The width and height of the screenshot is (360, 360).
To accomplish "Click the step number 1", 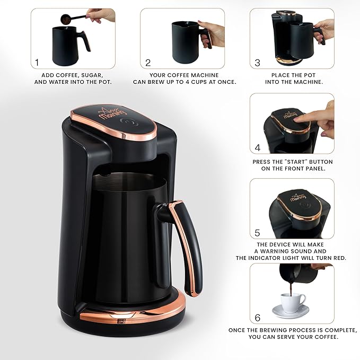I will (x=37, y=63).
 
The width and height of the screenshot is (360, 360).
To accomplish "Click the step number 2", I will (x=148, y=63).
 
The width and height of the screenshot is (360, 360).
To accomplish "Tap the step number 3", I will (x=258, y=63).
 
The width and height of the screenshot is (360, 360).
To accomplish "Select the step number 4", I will (x=258, y=148).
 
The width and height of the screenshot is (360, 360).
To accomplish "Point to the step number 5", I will (x=258, y=232).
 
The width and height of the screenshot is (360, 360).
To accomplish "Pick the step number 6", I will (x=258, y=318).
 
